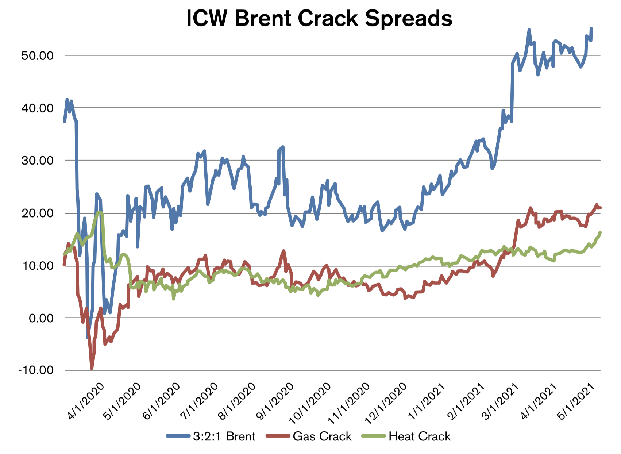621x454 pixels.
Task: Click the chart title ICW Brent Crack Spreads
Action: (319, 18)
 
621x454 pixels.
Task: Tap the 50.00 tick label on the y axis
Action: (37, 56)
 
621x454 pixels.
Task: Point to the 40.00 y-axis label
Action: (37, 108)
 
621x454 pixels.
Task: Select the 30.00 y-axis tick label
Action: (37, 161)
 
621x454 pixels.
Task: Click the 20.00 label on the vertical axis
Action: (37, 213)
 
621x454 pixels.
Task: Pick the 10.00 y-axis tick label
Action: (37, 266)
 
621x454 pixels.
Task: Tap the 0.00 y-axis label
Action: (41, 318)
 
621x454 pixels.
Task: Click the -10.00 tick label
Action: (36, 370)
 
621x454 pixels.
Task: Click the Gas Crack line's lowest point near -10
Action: (92, 369)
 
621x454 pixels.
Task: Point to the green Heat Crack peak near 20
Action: (100, 212)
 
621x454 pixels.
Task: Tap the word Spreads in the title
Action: (408, 18)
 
